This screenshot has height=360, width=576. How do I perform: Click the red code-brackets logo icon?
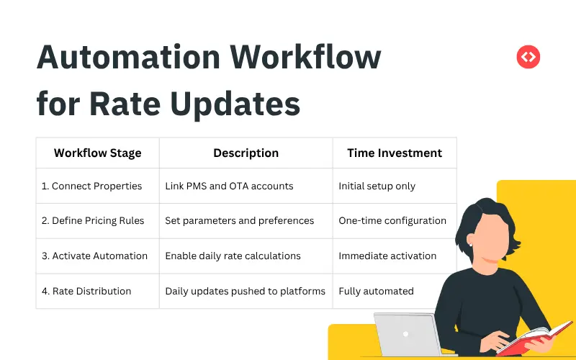(x=528, y=57)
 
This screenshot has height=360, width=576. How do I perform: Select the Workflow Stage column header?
(x=97, y=153)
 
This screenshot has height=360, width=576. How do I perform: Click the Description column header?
(x=246, y=153)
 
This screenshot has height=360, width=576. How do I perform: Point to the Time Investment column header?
(x=395, y=153)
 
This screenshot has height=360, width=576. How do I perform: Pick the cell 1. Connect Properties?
(x=91, y=186)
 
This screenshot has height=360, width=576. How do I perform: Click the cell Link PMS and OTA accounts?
(x=229, y=186)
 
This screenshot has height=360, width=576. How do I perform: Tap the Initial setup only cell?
(x=377, y=186)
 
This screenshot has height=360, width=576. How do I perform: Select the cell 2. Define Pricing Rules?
(x=93, y=220)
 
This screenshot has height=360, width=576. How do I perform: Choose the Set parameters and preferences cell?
(x=239, y=220)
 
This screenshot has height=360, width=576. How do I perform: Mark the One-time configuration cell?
(x=392, y=220)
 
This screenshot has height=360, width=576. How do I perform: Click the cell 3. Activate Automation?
(x=94, y=256)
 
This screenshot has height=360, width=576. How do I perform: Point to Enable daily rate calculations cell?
(x=233, y=256)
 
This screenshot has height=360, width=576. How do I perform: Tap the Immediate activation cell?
(x=387, y=256)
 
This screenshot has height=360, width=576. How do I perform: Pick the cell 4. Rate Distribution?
(x=86, y=291)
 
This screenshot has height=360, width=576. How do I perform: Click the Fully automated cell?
(x=376, y=291)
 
